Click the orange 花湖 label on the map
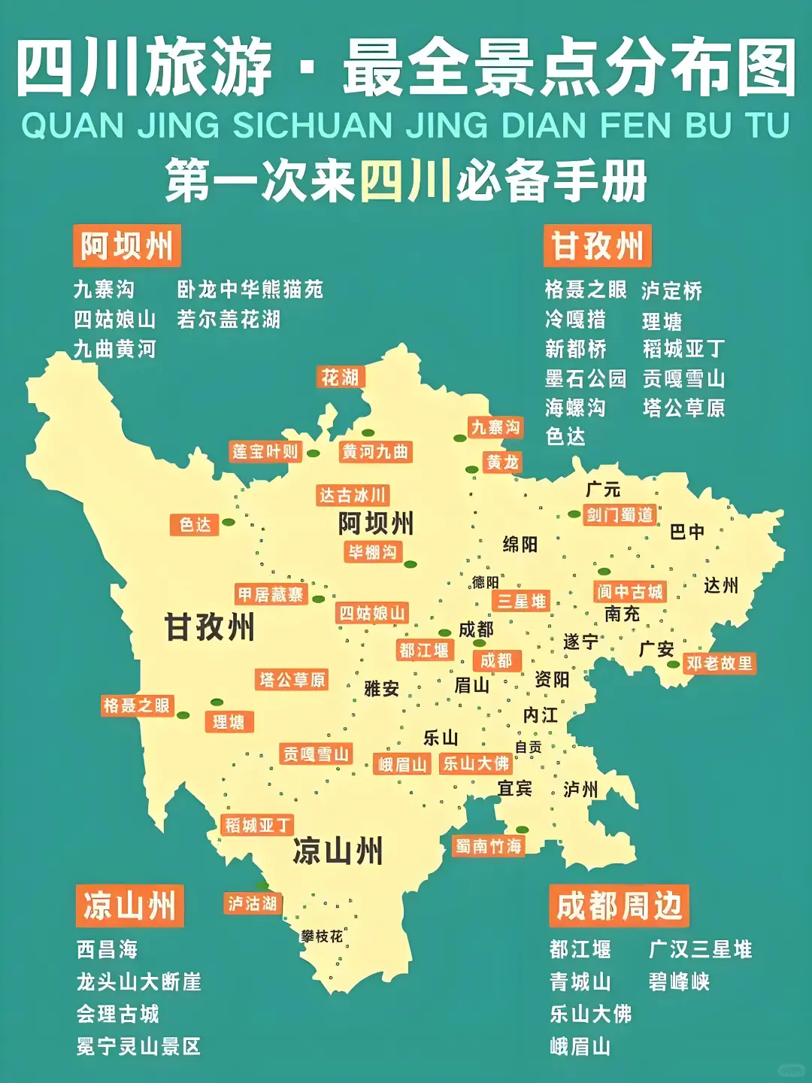(x=341, y=377)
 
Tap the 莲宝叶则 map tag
(x=265, y=451)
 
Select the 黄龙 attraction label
(x=502, y=462)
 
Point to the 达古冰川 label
(x=353, y=495)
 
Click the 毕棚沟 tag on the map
(x=373, y=552)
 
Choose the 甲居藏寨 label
(x=271, y=594)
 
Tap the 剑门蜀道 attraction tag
(x=620, y=514)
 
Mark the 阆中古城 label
(x=630, y=592)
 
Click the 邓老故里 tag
(x=720, y=663)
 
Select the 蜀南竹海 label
(x=489, y=846)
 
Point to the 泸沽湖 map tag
(x=253, y=903)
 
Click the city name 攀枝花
(x=322, y=936)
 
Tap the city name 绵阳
(x=520, y=544)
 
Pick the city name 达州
(x=721, y=585)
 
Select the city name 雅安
(x=381, y=688)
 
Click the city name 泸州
(x=580, y=789)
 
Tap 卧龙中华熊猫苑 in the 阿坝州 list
(x=250, y=290)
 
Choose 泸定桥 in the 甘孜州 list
(x=672, y=291)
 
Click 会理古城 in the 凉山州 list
(x=118, y=1014)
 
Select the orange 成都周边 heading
(x=619, y=906)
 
